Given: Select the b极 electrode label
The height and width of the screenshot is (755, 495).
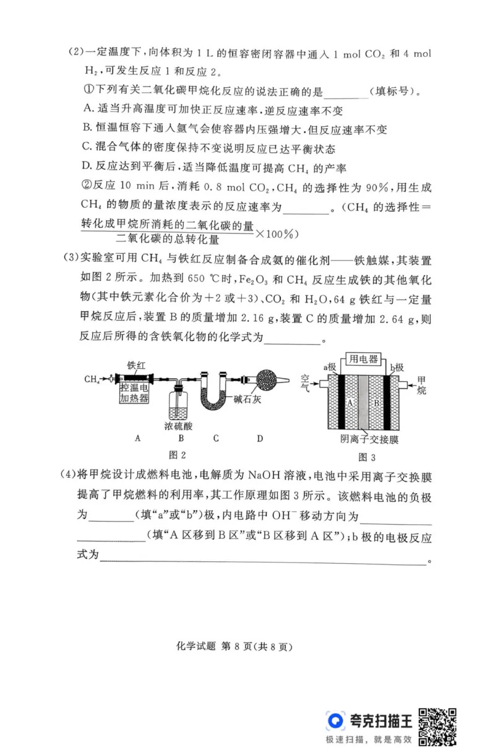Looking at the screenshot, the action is pos(396,368).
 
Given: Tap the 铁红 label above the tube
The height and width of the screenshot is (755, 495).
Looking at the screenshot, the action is pos(137,365).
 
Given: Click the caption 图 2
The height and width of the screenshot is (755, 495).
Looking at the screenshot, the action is pos(178,455).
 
